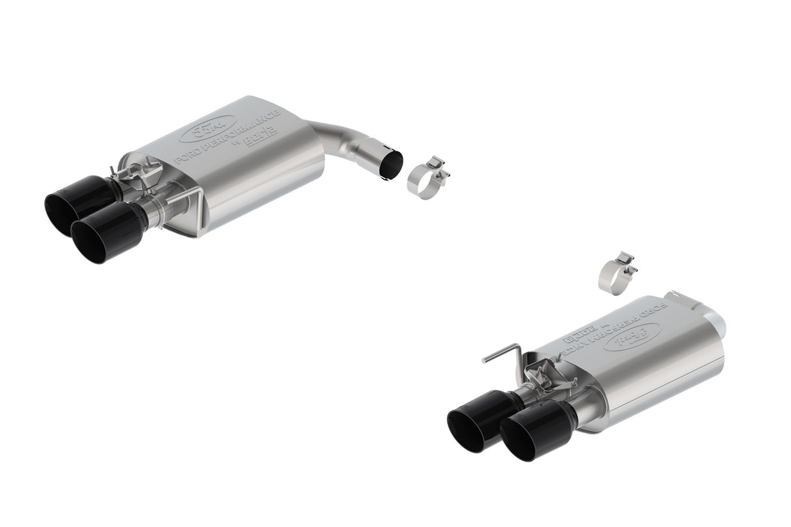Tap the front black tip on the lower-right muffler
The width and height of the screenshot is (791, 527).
click(536, 431)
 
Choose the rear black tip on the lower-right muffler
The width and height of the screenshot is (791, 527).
click(480, 414)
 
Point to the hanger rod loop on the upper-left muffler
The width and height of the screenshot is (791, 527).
click(186, 199)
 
